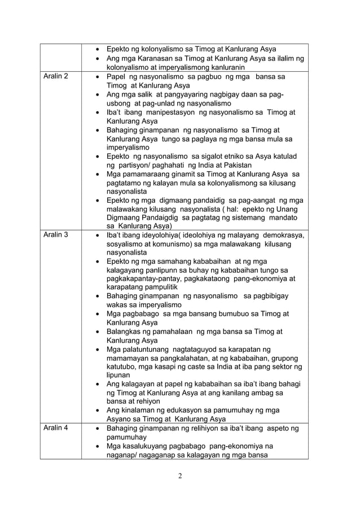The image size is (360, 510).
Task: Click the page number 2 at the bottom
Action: click(x=179, y=476)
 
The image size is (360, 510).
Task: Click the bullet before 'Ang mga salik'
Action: click(x=99, y=95)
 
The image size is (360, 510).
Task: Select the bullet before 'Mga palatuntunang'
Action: click(x=99, y=350)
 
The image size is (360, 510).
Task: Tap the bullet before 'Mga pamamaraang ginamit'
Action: click(x=99, y=174)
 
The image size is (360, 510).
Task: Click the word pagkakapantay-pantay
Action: click(x=148, y=279)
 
